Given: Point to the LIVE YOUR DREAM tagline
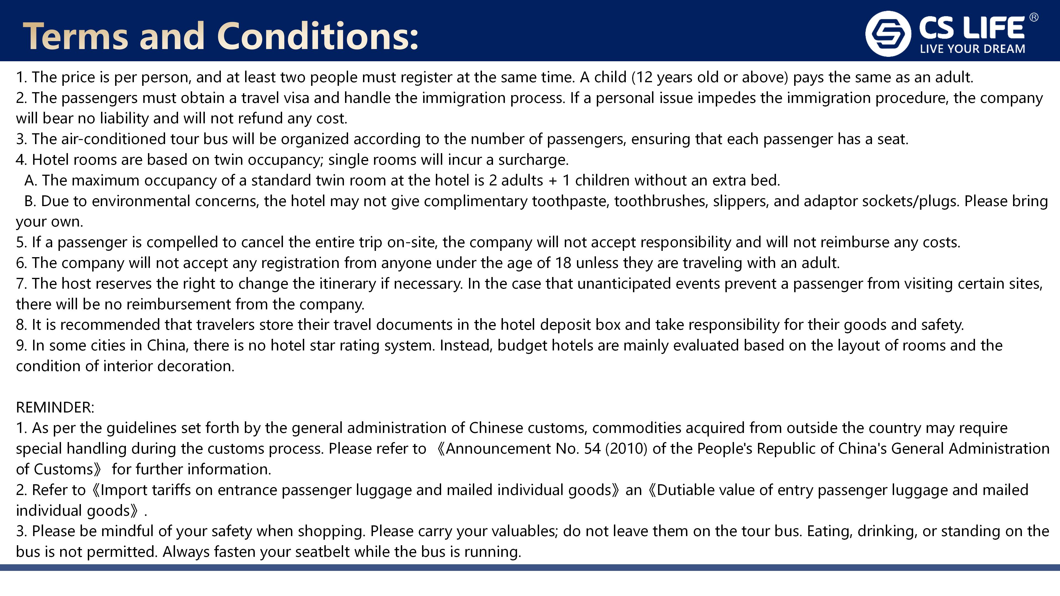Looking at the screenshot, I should [972, 49].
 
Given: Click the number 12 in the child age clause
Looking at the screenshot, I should [644, 77].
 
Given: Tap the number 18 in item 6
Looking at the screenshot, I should [563, 263].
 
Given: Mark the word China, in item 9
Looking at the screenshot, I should [168, 345].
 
